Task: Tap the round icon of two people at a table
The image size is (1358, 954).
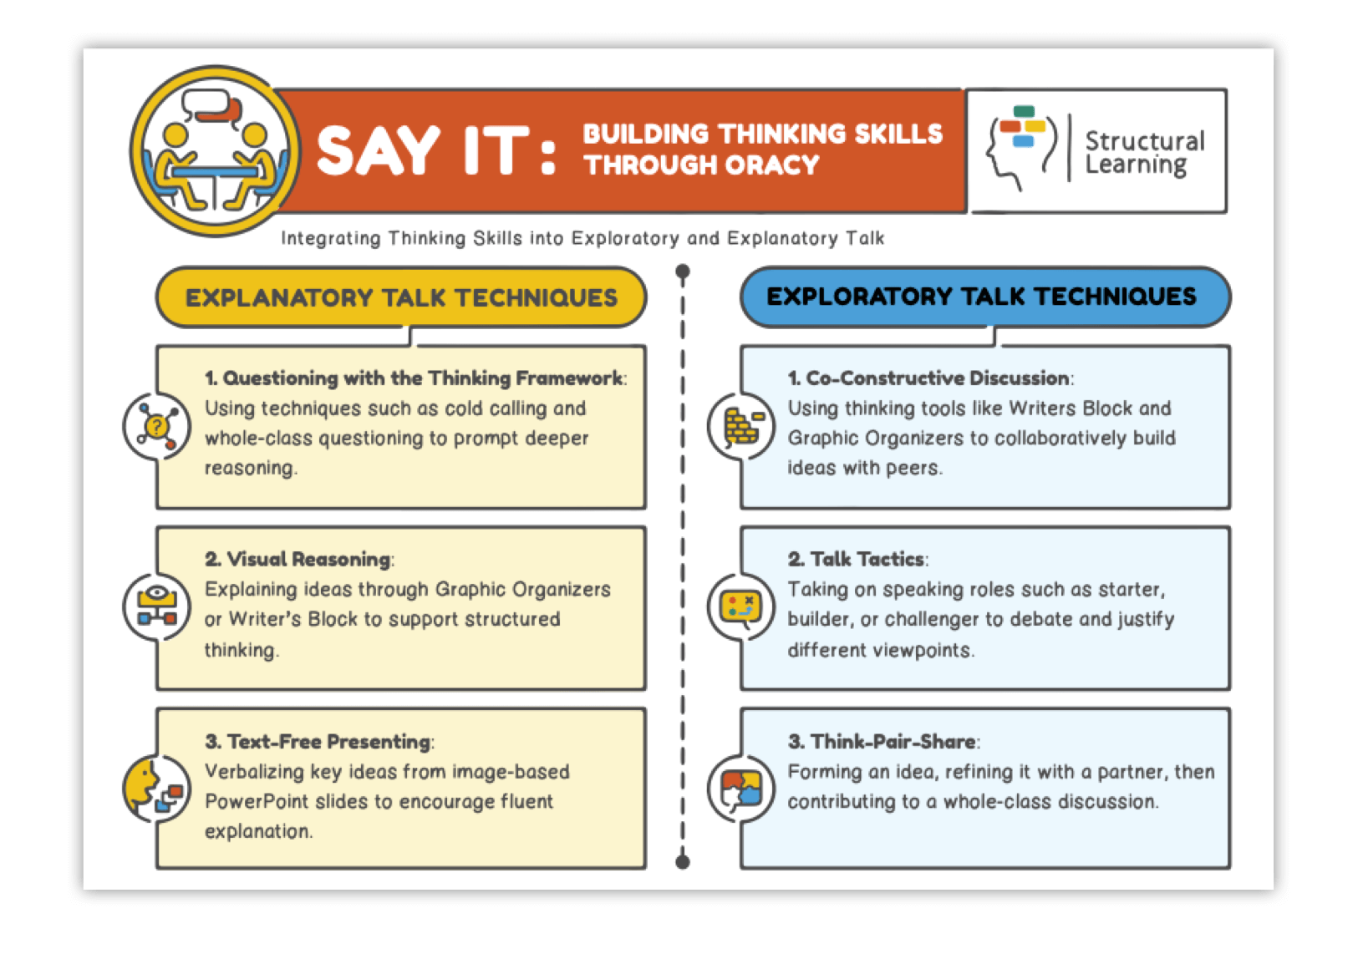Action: click(215, 151)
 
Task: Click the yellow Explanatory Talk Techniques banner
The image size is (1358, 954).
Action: click(401, 297)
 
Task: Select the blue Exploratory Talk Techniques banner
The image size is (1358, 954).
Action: click(985, 297)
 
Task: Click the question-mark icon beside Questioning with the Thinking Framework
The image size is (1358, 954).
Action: click(156, 427)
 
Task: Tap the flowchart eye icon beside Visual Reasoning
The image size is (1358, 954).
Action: click(156, 606)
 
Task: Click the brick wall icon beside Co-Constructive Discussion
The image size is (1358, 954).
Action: click(740, 426)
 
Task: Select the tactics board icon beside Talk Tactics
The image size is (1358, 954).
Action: click(740, 606)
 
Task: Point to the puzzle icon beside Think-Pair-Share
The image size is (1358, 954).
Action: click(740, 788)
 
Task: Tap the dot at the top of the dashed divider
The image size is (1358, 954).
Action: click(683, 271)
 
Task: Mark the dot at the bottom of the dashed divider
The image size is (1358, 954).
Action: click(683, 862)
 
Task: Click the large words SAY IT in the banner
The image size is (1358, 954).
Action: click(423, 151)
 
